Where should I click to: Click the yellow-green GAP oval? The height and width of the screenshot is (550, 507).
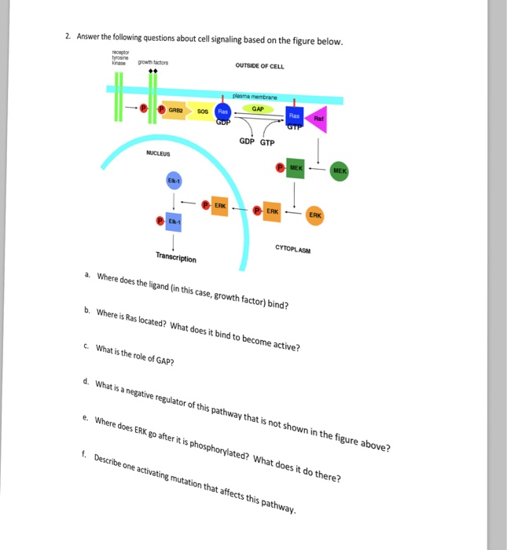tap(258, 109)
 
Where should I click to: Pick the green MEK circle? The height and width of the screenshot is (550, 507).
tap(340, 170)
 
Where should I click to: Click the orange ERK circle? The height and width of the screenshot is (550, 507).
tap(314, 215)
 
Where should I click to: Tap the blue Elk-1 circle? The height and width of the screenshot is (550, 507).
tap(174, 181)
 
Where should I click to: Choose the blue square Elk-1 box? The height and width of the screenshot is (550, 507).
tap(174, 222)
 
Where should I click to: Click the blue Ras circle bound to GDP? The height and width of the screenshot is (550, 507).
tap(223, 113)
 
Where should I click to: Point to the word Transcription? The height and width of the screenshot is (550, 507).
tap(176, 257)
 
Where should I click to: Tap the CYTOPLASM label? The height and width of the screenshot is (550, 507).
tap(293, 249)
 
